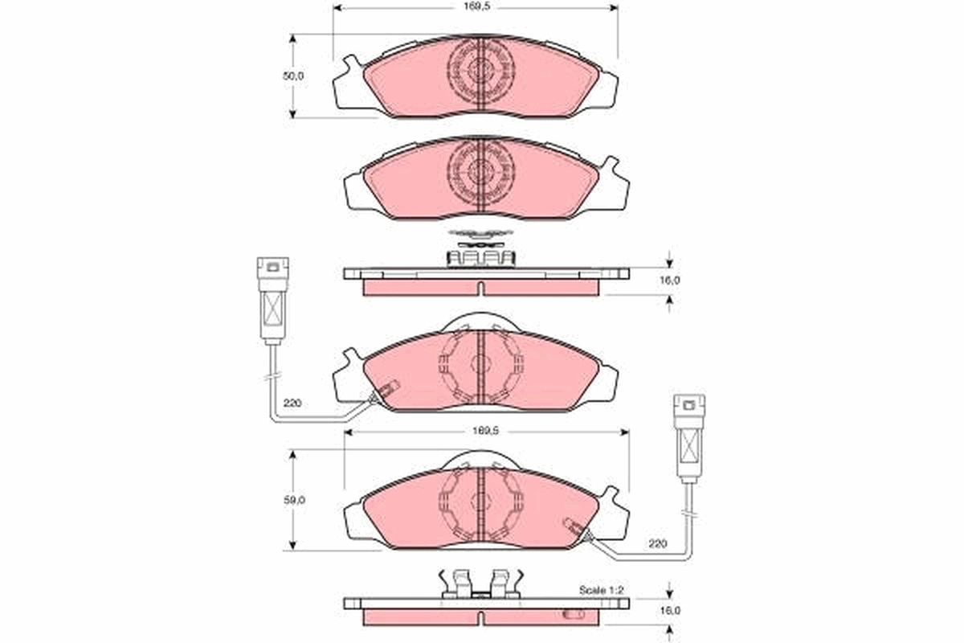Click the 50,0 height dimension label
pos(295,76)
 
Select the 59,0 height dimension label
pos(295,499)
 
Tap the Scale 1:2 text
pos(602,590)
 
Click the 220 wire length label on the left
pos(292,403)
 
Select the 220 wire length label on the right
pos(657,544)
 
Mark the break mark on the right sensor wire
pos(688,513)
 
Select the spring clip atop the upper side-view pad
pos(480,255)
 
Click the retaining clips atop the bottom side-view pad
pos(480,584)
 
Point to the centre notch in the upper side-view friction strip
pos(480,289)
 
